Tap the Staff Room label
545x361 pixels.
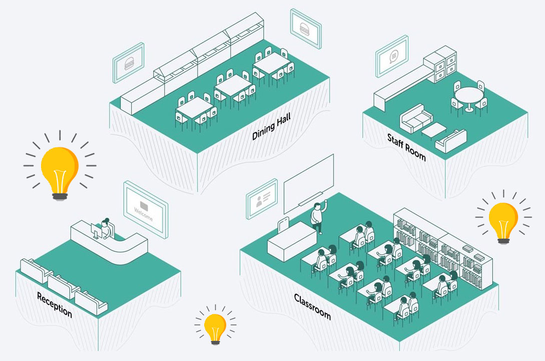pyautogui.click(x=406, y=147)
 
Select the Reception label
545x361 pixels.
pyautogui.click(x=55, y=305)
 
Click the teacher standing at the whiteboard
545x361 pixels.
pyautogui.click(x=317, y=215)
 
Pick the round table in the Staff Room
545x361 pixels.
pyautogui.click(x=468, y=95)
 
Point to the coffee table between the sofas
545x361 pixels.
pyautogui.click(x=433, y=129)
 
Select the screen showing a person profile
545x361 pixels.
pyautogui.click(x=262, y=198)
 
